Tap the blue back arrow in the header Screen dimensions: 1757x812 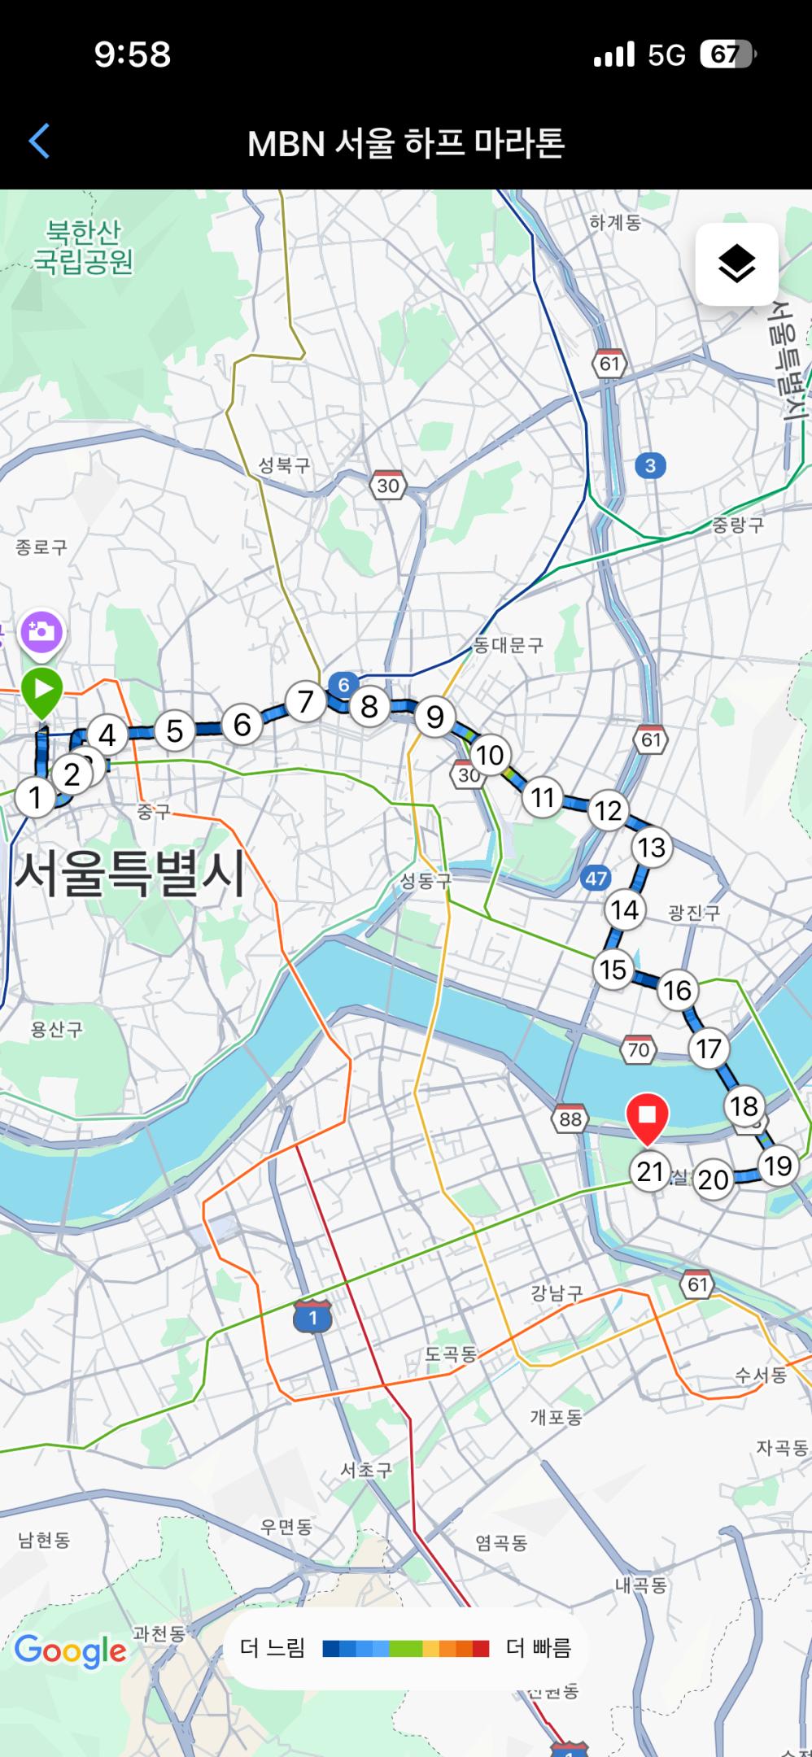click(x=39, y=142)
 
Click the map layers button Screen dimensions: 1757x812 click(x=736, y=264)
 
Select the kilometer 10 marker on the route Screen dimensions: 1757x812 click(x=489, y=755)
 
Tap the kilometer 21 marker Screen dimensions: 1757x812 click(x=650, y=1171)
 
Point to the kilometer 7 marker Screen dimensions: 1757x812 click(x=305, y=701)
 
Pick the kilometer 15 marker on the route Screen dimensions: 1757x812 click(x=613, y=970)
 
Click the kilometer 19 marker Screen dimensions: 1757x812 click(x=777, y=1166)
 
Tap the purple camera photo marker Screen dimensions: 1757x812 click(x=41, y=631)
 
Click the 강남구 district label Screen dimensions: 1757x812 click(x=557, y=1293)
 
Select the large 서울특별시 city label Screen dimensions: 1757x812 click(x=130, y=875)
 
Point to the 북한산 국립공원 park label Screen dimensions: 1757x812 click(x=83, y=247)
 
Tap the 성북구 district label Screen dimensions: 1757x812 click(x=284, y=465)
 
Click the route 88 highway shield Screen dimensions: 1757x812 click(x=570, y=1119)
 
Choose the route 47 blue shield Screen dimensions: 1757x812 click(x=596, y=878)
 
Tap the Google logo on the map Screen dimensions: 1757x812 click(x=71, y=1650)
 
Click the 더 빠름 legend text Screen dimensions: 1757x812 click(x=539, y=1648)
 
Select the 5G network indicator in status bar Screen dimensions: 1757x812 click(x=666, y=54)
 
